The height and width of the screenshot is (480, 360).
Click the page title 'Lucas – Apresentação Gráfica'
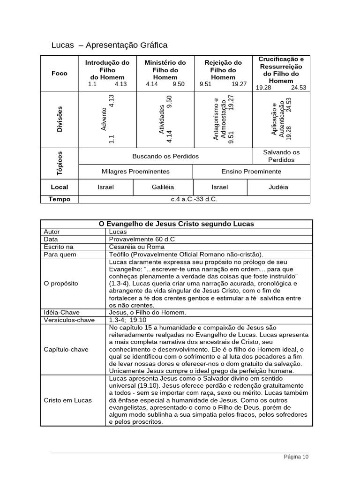click(x=109, y=45)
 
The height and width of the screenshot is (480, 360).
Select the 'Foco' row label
click(x=60, y=73)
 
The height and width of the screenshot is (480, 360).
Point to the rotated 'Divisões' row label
click(x=60, y=119)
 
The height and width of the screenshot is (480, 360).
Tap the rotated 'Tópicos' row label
click(x=60, y=163)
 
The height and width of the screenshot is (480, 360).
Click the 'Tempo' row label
click(x=60, y=199)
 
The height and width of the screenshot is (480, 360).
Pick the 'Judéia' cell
click(x=278, y=187)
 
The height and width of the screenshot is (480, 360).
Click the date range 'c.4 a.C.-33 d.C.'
click(x=194, y=199)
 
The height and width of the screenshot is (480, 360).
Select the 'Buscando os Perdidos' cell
click(x=165, y=156)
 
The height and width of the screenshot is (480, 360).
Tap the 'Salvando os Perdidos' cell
click(x=281, y=156)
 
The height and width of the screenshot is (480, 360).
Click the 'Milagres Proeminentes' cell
click(x=135, y=172)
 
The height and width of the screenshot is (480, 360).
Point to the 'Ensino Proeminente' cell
click(x=251, y=172)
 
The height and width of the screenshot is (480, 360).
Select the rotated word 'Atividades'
click(x=162, y=120)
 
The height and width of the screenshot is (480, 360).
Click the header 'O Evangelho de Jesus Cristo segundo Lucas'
click(x=176, y=224)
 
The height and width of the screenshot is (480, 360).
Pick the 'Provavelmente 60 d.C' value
click(x=142, y=239)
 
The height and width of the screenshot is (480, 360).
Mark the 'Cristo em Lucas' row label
click(x=67, y=400)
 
